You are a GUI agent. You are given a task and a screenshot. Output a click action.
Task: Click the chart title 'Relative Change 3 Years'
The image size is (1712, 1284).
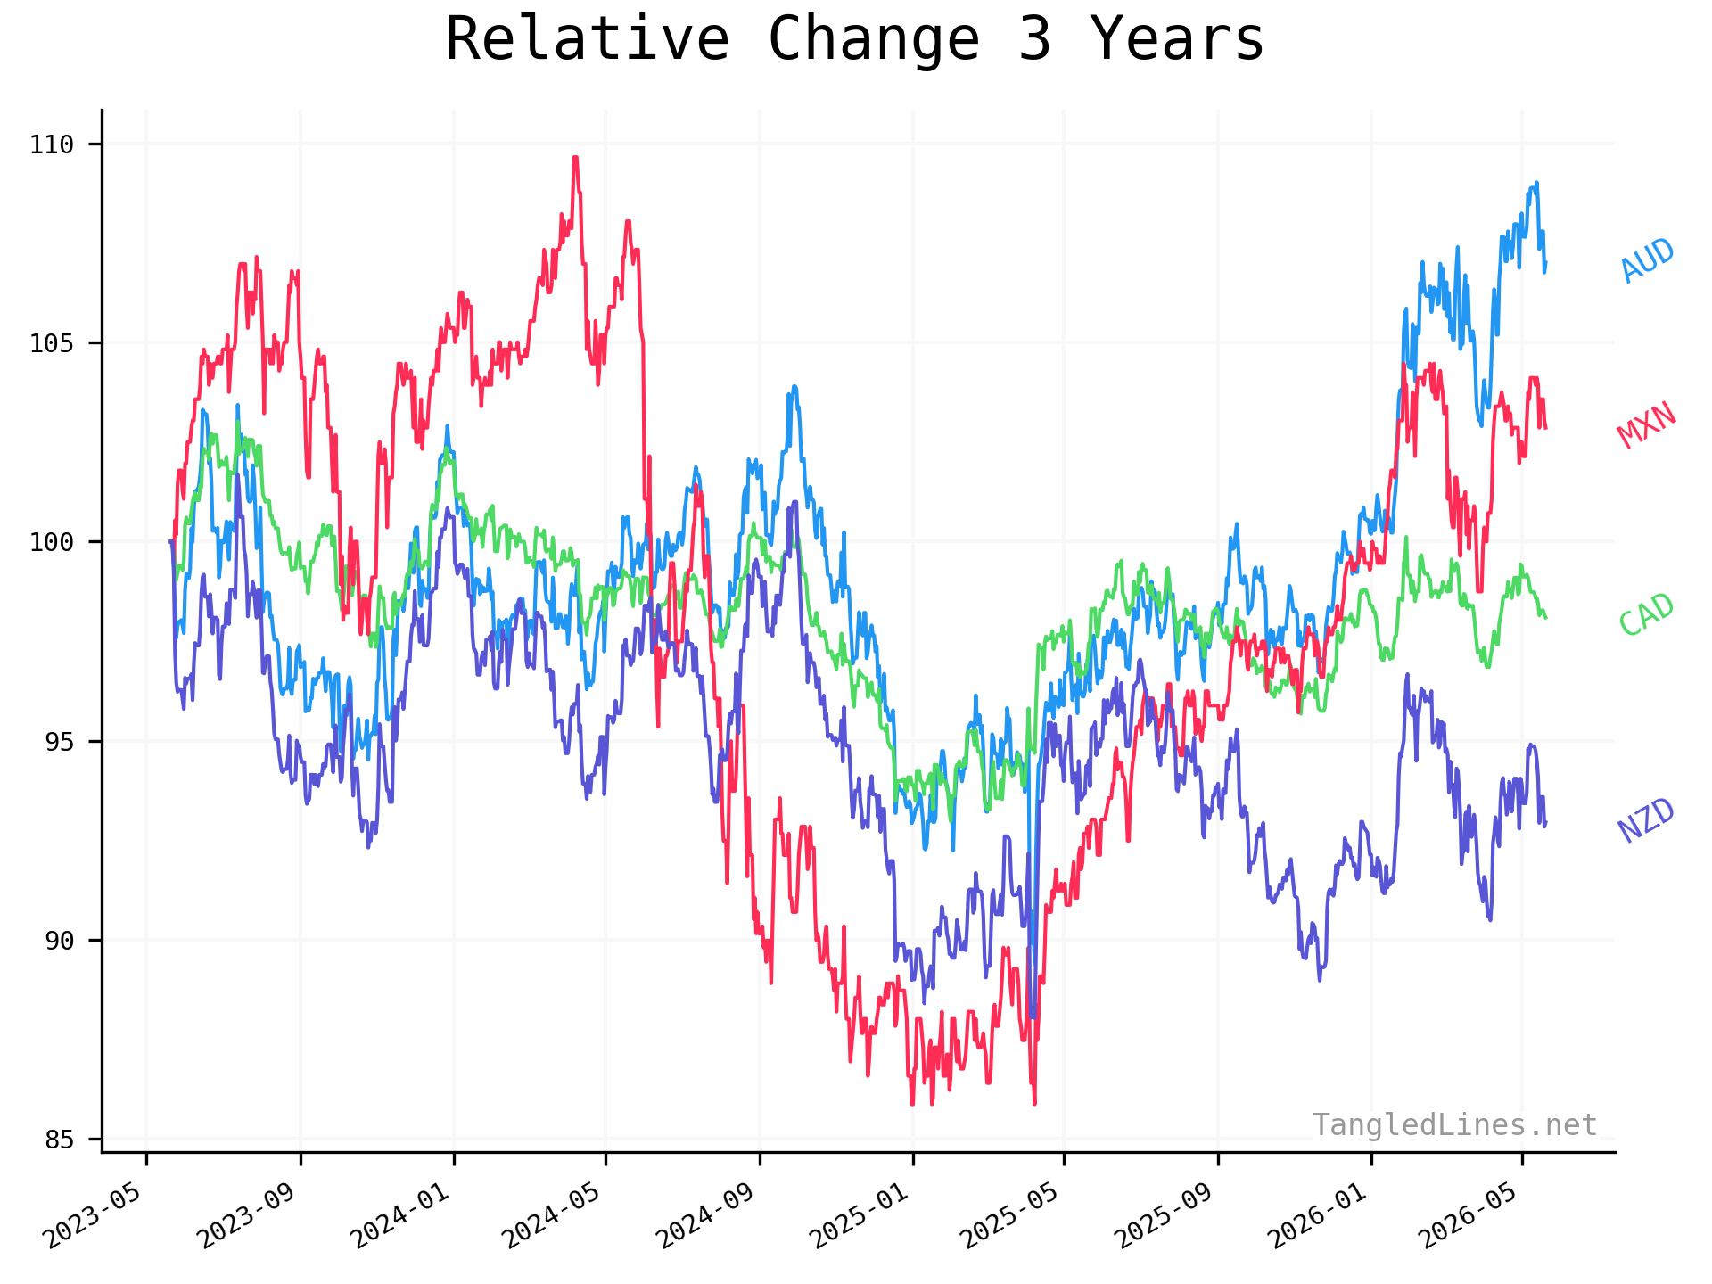click(x=854, y=40)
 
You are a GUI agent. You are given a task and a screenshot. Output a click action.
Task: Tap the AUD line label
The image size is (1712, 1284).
click(x=1647, y=260)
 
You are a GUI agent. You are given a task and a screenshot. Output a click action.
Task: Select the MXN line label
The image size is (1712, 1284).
click(x=1647, y=424)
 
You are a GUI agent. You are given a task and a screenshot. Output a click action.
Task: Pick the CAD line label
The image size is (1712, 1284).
click(x=1647, y=614)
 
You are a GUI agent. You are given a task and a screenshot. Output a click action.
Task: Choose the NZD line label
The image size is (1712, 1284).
click(x=1647, y=820)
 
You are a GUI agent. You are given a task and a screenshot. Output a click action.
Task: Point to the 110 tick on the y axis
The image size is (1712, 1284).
click(x=52, y=144)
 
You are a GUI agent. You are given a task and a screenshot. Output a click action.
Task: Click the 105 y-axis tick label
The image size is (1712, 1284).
click(x=52, y=342)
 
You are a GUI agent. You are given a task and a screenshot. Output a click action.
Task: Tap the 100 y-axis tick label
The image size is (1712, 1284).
click(x=52, y=541)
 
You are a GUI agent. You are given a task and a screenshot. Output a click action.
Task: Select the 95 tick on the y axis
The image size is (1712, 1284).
click(x=60, y=741)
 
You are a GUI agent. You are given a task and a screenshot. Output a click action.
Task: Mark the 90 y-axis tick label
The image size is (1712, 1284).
click(x=60, y=940)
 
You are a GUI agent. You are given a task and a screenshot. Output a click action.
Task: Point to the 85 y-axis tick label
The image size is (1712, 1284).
click(x=60, y=1139)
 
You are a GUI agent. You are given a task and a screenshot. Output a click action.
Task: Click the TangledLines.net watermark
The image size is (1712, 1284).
click(x=1454, y=1125)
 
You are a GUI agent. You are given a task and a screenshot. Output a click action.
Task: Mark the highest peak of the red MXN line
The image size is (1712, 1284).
click(x=576, y=158)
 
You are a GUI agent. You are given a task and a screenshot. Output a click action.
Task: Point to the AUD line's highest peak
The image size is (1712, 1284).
click(x=1536, y=183)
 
